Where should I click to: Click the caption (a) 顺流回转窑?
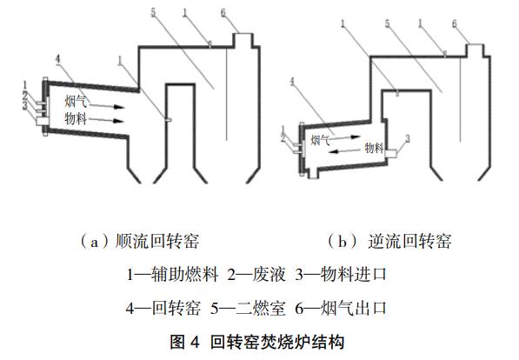point(140,241)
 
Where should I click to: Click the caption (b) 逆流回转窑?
point(389,241)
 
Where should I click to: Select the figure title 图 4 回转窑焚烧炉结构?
point(257,342)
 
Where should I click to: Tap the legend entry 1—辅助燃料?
point(172,275)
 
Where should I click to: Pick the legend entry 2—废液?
point(256,275)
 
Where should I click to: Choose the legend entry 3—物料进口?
point(342,275)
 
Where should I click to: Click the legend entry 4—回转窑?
point(163,309)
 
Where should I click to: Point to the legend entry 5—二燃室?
point(248,309)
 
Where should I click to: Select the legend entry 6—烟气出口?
point(342,309)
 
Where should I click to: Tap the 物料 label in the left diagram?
point(76,118)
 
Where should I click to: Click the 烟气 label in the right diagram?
point(321,140)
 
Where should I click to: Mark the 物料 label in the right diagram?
point(374,147)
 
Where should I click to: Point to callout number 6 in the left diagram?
point(223,13)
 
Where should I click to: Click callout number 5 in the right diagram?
point(388,23)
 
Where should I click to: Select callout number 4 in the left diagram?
point(58,60)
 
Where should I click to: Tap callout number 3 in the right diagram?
point(408,138)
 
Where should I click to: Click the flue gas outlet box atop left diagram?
point(244,40)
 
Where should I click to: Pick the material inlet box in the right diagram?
point(390,154)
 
